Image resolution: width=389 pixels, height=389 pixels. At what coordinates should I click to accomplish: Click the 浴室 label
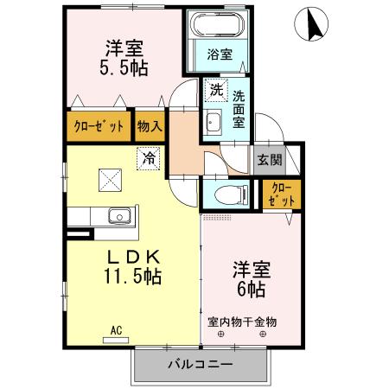click(219, 54)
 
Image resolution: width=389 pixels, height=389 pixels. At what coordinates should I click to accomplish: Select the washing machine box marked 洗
click(214, 88)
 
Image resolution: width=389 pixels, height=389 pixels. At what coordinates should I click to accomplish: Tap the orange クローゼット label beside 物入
click(98, 126)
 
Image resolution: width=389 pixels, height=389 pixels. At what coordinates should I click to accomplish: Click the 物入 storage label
click(149, 126)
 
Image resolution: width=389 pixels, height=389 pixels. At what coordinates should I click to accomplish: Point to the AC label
click(115, 328)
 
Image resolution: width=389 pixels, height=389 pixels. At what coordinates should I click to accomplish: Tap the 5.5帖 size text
click(123, 68)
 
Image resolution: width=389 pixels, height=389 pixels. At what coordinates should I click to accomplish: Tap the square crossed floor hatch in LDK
click(110, 180)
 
